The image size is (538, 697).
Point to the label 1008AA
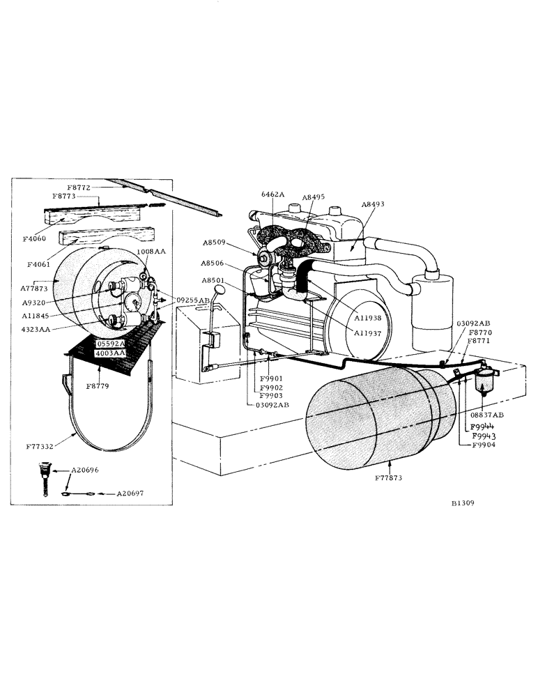[x=151, y=252]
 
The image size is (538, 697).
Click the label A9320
[x=35, y=302]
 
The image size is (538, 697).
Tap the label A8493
[x=374, y=204]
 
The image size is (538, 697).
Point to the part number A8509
[x=215, y=243]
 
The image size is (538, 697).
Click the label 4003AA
[x=110, y=353]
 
